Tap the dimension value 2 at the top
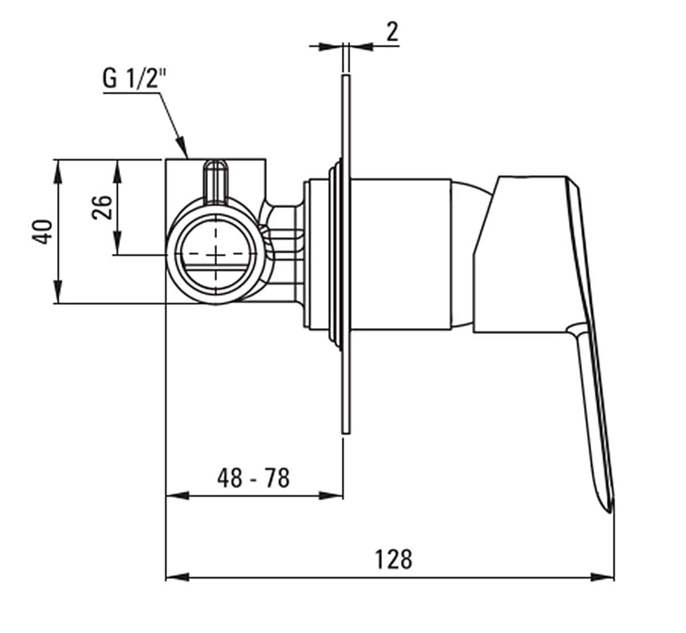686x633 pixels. coord(392,32)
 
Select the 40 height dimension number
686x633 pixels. coord(42,232)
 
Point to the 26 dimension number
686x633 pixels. coord(102,208)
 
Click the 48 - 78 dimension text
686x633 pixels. coord(254,478)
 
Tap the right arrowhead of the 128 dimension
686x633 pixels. coord(603,586)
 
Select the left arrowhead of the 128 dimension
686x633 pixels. coord(178,586)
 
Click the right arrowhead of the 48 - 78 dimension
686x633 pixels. coord(331,496)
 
